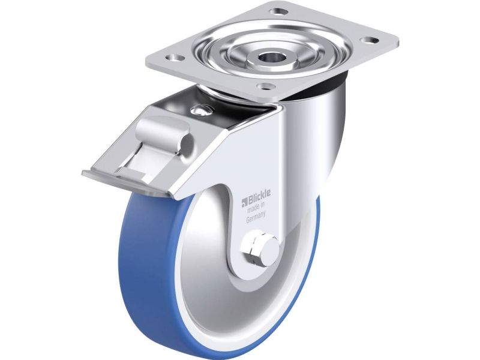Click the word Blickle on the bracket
[259, 197]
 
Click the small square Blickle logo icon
[245, 202]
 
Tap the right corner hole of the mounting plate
[369, 40]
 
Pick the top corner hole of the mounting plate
[279, 11]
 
